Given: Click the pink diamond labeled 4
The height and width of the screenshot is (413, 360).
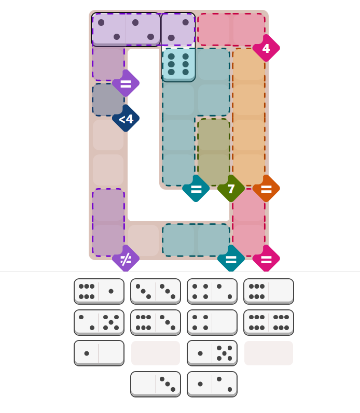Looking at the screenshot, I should (266, 48).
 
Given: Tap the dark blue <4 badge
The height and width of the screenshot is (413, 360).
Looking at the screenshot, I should (126, 119).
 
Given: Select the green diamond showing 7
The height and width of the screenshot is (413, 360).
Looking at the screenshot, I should (231, 189).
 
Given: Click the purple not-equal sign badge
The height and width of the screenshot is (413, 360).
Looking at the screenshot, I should (126, 259).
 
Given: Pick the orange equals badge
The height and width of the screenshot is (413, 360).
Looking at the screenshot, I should (266, 189).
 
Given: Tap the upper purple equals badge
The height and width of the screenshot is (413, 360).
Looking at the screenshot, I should (126, 83).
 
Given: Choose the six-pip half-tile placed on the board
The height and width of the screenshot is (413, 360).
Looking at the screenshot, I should (178, 64).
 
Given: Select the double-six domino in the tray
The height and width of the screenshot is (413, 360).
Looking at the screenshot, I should (268, 322).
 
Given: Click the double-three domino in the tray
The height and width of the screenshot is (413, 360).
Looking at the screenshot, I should (155, 291).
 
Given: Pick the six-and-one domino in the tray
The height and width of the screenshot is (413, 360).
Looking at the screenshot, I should (99, 291).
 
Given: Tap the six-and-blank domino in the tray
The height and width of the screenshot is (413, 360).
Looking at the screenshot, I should (268, 291).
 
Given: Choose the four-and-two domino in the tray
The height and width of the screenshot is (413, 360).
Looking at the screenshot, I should (212, 291).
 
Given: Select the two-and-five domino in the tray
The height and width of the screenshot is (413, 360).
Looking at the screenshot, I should (99, 322).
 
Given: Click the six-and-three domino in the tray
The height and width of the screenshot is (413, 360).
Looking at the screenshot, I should (155, 322).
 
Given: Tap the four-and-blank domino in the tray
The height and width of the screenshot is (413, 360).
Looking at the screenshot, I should (212, 322).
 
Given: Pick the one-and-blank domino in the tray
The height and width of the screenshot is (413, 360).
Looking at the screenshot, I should (99, 353).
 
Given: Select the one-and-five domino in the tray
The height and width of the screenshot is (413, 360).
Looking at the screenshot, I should (212, 353).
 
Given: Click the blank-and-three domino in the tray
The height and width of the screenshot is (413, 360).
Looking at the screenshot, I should (155, 384).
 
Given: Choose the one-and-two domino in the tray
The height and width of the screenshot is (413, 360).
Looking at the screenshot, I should (212, 384).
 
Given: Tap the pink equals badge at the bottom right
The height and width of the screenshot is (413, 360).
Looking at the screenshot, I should (266, 259).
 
